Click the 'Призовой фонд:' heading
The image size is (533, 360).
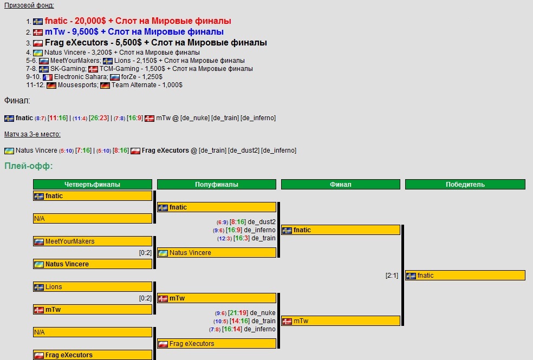[x=29, y=5]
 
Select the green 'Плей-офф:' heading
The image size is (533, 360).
[x=28, y=166]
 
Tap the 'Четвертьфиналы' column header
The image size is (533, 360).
[x=93, y=185]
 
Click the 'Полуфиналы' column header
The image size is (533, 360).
[x=217, y=185]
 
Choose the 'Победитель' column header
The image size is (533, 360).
[x=465, y=185]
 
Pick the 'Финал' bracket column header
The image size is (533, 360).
[x=341, y=185]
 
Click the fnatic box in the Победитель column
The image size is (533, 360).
[x=465, y=276]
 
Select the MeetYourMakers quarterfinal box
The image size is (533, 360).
[x=93, y=241]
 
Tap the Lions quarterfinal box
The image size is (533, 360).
[x=93, y=287]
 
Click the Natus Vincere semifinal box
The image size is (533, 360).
[x=217, y=253]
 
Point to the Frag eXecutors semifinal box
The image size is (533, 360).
[x=217, y=344]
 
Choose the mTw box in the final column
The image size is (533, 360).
[x=341, y=321]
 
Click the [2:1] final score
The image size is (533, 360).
[x=392, y=276]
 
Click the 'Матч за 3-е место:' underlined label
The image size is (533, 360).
[x=32, y=134]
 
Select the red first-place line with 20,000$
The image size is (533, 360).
[x=138, y=21]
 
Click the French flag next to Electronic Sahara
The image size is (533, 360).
[x=48, y=77]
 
